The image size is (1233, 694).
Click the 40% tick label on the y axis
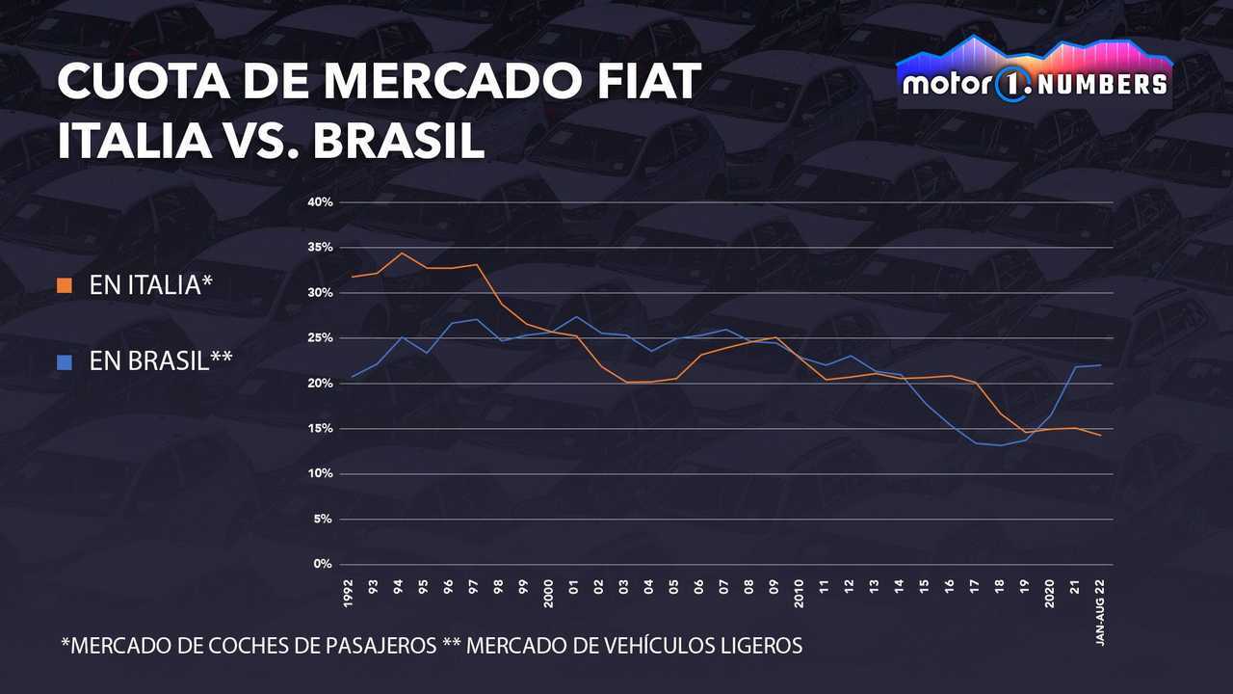pyautogui.click(x=321, y=202)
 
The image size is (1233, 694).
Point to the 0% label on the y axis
pyautogui.click(x=324, y=564)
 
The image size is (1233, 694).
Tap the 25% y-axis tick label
pyautogui.click(x=321, y=338)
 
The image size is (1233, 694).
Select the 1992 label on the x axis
pyautogui.click(x=349, y=593)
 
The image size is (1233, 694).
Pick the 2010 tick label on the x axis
pyautogui.click(x=800, y=593)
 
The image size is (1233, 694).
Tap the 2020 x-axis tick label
pyautogui.click(x=1050, y=593)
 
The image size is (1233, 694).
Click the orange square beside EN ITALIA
pyautogui.click(x=65, y=285)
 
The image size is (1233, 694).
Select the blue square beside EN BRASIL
pyautogui.click(x=65, y=361)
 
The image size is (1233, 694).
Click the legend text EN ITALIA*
pyautogui.click(x=149, y=285)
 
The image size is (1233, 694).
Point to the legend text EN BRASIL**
pyautogui.click(x=160, y=361)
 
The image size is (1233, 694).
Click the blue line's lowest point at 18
pyautogui.click(x=1001, y=445)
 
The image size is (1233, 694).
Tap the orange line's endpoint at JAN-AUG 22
pyautogui.click(x=1100, y=436)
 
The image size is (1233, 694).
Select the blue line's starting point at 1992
pyautogui.click(x=352, y=376)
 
